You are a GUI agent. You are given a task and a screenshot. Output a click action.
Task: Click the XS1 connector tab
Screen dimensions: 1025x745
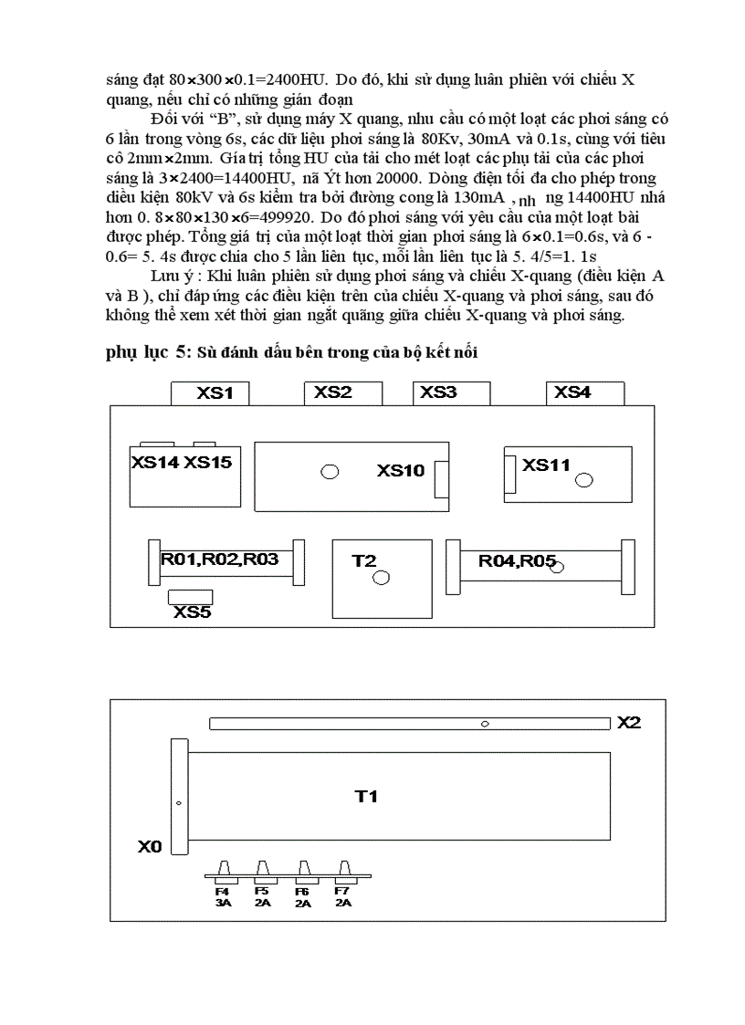point(211,393)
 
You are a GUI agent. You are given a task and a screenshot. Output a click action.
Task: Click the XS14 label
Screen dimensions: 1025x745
point(155,463)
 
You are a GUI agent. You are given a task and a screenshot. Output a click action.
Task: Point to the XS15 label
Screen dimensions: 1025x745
point(208,463)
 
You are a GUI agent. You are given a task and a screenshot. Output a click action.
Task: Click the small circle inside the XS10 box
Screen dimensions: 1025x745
point(330,471)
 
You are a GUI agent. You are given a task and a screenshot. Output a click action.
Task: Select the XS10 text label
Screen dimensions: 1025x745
point(401,471)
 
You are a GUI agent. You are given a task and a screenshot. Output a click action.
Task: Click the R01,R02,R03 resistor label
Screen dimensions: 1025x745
point(220,560)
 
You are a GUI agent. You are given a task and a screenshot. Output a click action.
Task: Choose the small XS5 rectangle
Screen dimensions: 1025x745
point(191,597)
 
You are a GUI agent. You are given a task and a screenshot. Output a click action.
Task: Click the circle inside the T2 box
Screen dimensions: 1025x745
point(382,577)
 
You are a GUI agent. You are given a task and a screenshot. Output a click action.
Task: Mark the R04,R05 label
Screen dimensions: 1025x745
point(517,561)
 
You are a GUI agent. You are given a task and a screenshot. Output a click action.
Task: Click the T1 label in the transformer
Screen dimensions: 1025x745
point(366,797)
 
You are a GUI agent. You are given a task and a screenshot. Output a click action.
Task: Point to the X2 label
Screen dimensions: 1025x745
point(629,723)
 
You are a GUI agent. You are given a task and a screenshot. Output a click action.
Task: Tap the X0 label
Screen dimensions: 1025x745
point(150,847)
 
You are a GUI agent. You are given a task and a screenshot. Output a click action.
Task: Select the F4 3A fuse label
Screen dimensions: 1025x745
point(223,896)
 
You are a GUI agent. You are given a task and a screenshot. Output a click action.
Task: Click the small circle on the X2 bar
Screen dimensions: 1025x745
point(486,724)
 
